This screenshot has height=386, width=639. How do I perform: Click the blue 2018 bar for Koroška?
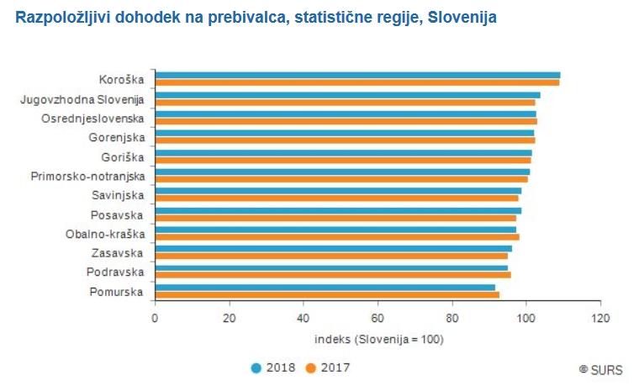tap(357, 76)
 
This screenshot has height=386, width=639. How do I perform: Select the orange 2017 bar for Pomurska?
tap(327, 295)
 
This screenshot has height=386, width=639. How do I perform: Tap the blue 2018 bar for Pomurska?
tap(325, 288)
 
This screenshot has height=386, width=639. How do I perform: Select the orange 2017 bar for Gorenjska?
tap(345, 140)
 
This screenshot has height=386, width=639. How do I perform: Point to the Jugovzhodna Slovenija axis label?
tap(82, 100)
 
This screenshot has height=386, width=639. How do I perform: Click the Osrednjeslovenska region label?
tap(93, 119)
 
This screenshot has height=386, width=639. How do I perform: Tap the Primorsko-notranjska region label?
tap(87, 177)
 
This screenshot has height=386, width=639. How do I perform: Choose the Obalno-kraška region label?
tap(105, 234)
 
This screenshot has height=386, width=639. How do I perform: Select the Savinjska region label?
tap(118, 196)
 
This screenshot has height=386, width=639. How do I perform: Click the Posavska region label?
tap(119, 214)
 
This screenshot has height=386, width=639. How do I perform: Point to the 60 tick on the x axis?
tap(378, 318)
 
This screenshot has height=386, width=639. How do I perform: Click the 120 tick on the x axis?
tap(600, 318)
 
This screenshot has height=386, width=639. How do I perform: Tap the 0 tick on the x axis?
tap(155, 318)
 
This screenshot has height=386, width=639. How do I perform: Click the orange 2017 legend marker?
tap(310, 367)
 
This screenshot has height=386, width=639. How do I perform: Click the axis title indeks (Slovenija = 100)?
tap(378, 339)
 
